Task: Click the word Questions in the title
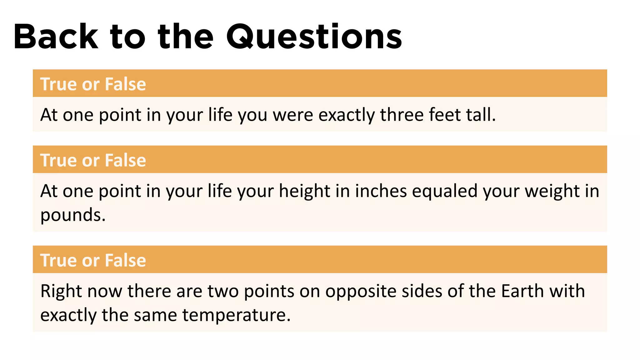[x=314, y=37]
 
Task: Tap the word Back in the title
[x=56, y=37]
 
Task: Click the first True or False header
[x=93, y=84]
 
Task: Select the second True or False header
[x=93, y=160]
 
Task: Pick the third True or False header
[x=93, y=260]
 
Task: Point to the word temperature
[x=236, y=315]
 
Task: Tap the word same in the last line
[x=155, y=315]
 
